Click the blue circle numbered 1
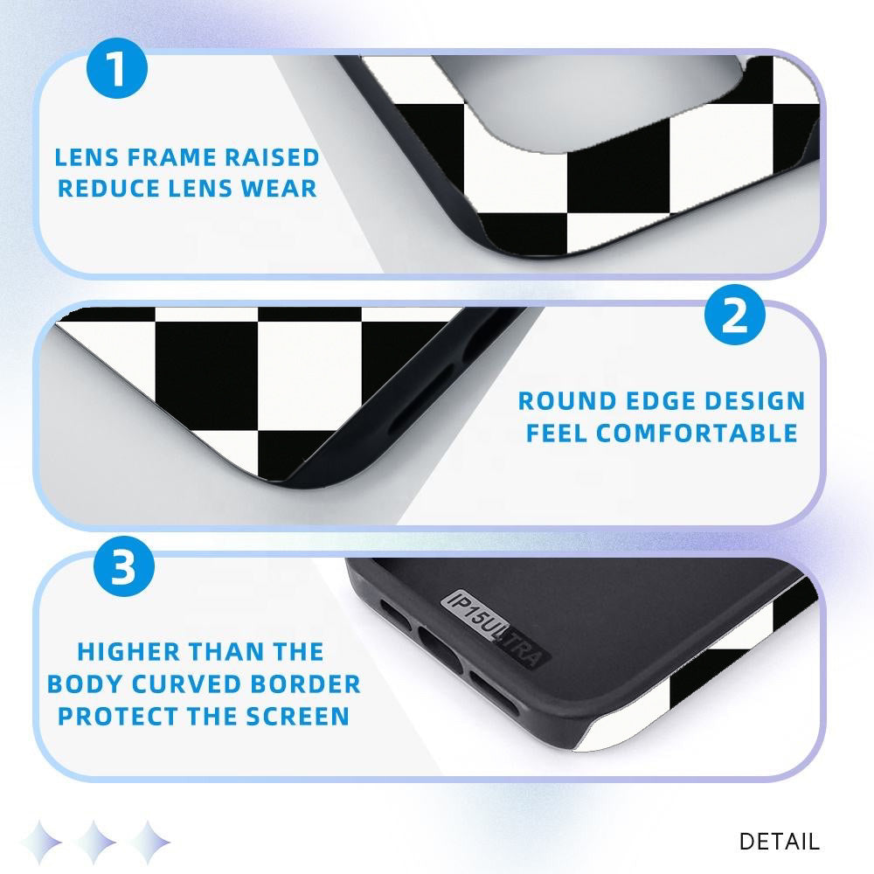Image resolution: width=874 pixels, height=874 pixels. click(x=117, y=68)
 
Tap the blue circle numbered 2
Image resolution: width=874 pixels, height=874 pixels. click(x=735, y=315)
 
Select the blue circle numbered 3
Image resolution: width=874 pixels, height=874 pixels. click(x=124, y=566)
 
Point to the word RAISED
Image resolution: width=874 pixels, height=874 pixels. click(x=272, y=157)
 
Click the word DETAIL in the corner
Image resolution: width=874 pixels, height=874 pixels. click(x=780, y=842)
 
